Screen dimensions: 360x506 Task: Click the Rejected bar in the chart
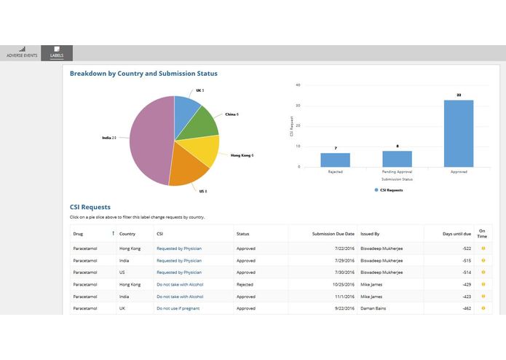pos(336,160)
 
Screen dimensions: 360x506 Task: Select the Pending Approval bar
pos(398,159)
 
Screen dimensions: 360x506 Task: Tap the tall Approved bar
pos(459,133)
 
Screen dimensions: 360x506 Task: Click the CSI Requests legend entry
pos(389,189)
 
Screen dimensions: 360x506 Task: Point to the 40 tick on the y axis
pos(299,85)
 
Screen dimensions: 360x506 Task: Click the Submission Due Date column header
pos(333,234)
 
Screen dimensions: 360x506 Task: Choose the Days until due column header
pos(457,234)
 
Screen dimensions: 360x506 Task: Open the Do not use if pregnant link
pos(178,308)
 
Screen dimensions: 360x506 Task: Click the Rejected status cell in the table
pos(245,284)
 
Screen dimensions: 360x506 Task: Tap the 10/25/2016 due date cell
pos(341,284)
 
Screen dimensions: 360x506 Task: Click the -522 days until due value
pos(467,249)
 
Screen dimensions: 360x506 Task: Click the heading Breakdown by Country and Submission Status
pos(143,74)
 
